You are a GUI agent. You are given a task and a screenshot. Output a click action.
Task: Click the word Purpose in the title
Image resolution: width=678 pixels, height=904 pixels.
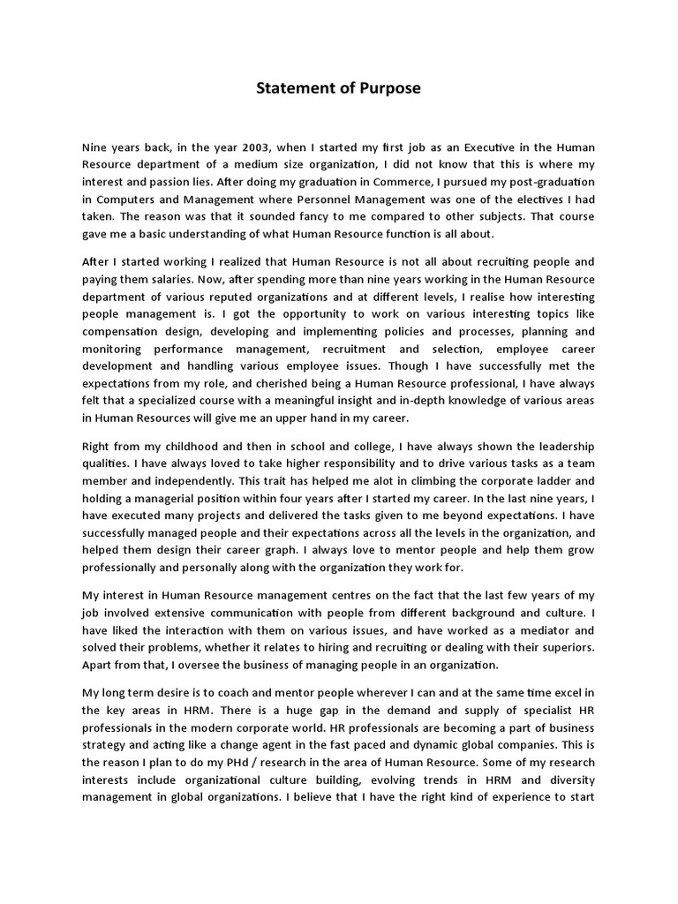pyautogui.click(x=388, y=88)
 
